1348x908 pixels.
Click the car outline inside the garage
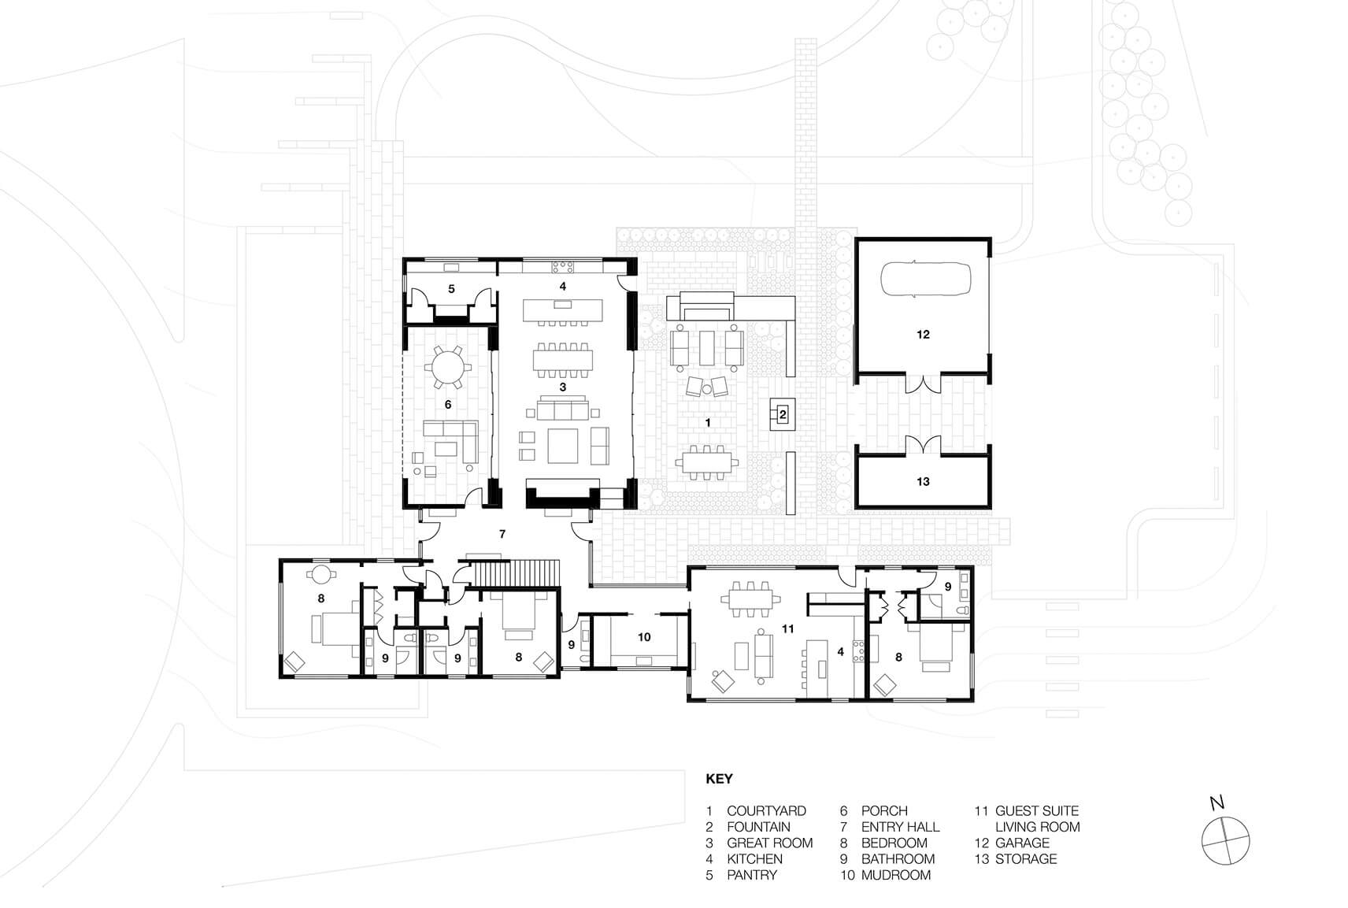tap(925, 280)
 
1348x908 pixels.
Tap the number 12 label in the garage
tap(923, 335)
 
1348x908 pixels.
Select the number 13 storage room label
tap(923, 481)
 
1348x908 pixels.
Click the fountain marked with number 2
tap(783, 414)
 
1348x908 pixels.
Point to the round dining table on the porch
tap(448, 366)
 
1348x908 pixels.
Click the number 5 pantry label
tap(451, 289)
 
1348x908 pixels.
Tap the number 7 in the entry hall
tap(502, 534)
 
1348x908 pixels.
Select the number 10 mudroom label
tap(644, 637)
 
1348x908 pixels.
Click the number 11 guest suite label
tap(787, 628)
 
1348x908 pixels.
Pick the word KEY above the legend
tap(719, 779)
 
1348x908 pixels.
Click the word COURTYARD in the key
tap(766, 810)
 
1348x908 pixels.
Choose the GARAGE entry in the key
tap(1022, 843)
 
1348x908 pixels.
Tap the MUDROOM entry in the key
tap(895, 875)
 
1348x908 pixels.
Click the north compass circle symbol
tap(1225, 840)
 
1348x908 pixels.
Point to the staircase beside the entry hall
tap(517, 573)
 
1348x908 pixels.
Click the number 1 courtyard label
tap(708, 423)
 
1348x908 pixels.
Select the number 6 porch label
tap(448, 405)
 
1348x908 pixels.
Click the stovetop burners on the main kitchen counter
tap(563, 266)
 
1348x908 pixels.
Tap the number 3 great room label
tap(563, 387)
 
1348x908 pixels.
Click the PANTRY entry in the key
tap(752, 875)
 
